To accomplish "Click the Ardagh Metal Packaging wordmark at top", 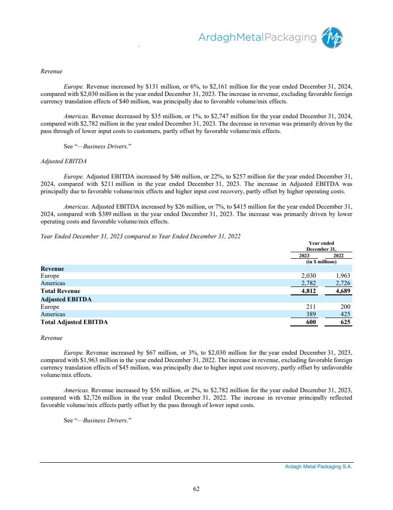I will point(257,38).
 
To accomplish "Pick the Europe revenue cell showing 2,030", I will point(308,276).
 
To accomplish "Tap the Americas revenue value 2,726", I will point(342,283).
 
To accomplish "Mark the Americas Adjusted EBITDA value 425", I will point(345,314).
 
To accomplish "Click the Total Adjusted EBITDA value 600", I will point(310,322).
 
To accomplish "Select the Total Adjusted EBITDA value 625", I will point(345,322).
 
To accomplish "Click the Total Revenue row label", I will point(60,291).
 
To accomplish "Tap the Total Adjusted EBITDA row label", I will point(74,322).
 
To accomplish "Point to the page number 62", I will point(196,489).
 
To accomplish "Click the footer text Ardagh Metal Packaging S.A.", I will point(318,468).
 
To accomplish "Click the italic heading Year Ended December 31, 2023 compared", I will point(140,236).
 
